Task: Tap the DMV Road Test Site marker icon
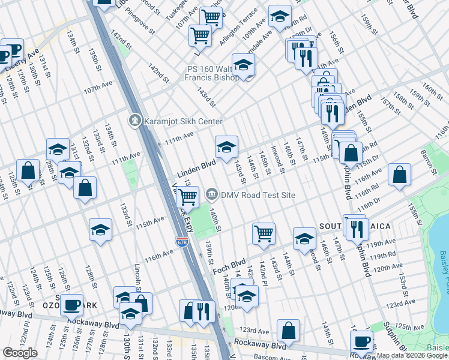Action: tap(211, 194)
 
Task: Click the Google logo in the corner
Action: tap(20, 353)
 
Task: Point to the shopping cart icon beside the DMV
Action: tap(188, 196)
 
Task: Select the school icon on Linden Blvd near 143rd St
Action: tap(226, 146)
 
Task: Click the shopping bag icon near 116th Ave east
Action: tap(399, 175)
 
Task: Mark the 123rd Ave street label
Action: tap(254, 330)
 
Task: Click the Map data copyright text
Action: tap(412, 355)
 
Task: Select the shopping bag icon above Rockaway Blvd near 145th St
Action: tap(289, 329)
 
